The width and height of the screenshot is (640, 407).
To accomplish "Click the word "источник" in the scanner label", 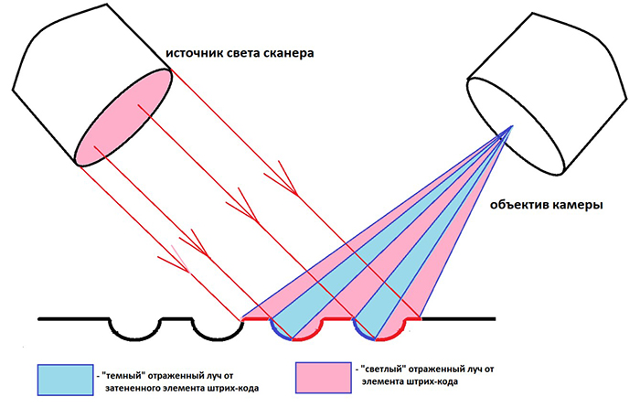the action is point(191,53).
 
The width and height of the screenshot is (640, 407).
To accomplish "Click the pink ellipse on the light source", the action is point(123,117).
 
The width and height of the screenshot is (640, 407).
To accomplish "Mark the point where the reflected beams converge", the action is point(512,126).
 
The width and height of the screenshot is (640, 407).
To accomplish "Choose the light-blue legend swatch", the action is point(65,380).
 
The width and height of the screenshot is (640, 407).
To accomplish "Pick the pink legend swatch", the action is point(324,378).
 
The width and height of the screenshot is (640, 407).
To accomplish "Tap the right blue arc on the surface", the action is point(361,332).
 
